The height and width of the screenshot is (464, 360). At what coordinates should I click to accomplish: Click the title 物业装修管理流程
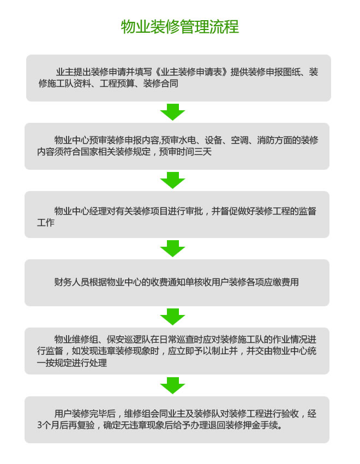pyautogui.click(x=179, y=27)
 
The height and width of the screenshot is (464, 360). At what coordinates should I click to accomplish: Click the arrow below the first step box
pyautogui.click(x=172, y=112)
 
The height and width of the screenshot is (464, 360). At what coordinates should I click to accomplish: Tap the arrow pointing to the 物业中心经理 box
pyautogui.click(x=172, y=180)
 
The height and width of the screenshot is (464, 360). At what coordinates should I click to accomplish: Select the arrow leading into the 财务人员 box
pyautogui.click(x=172, y=248)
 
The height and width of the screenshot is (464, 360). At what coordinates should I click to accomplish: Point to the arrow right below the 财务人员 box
pyautogui.click(x=172, y=317)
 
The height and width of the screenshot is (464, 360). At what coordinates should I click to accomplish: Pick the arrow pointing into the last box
pyautogui.click(x=172, y=385)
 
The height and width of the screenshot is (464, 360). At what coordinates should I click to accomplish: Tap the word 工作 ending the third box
pyautogui.click(x=45, y=223)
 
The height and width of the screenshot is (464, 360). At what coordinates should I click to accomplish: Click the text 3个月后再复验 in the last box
pyautogui.click(x=68, y=426)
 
